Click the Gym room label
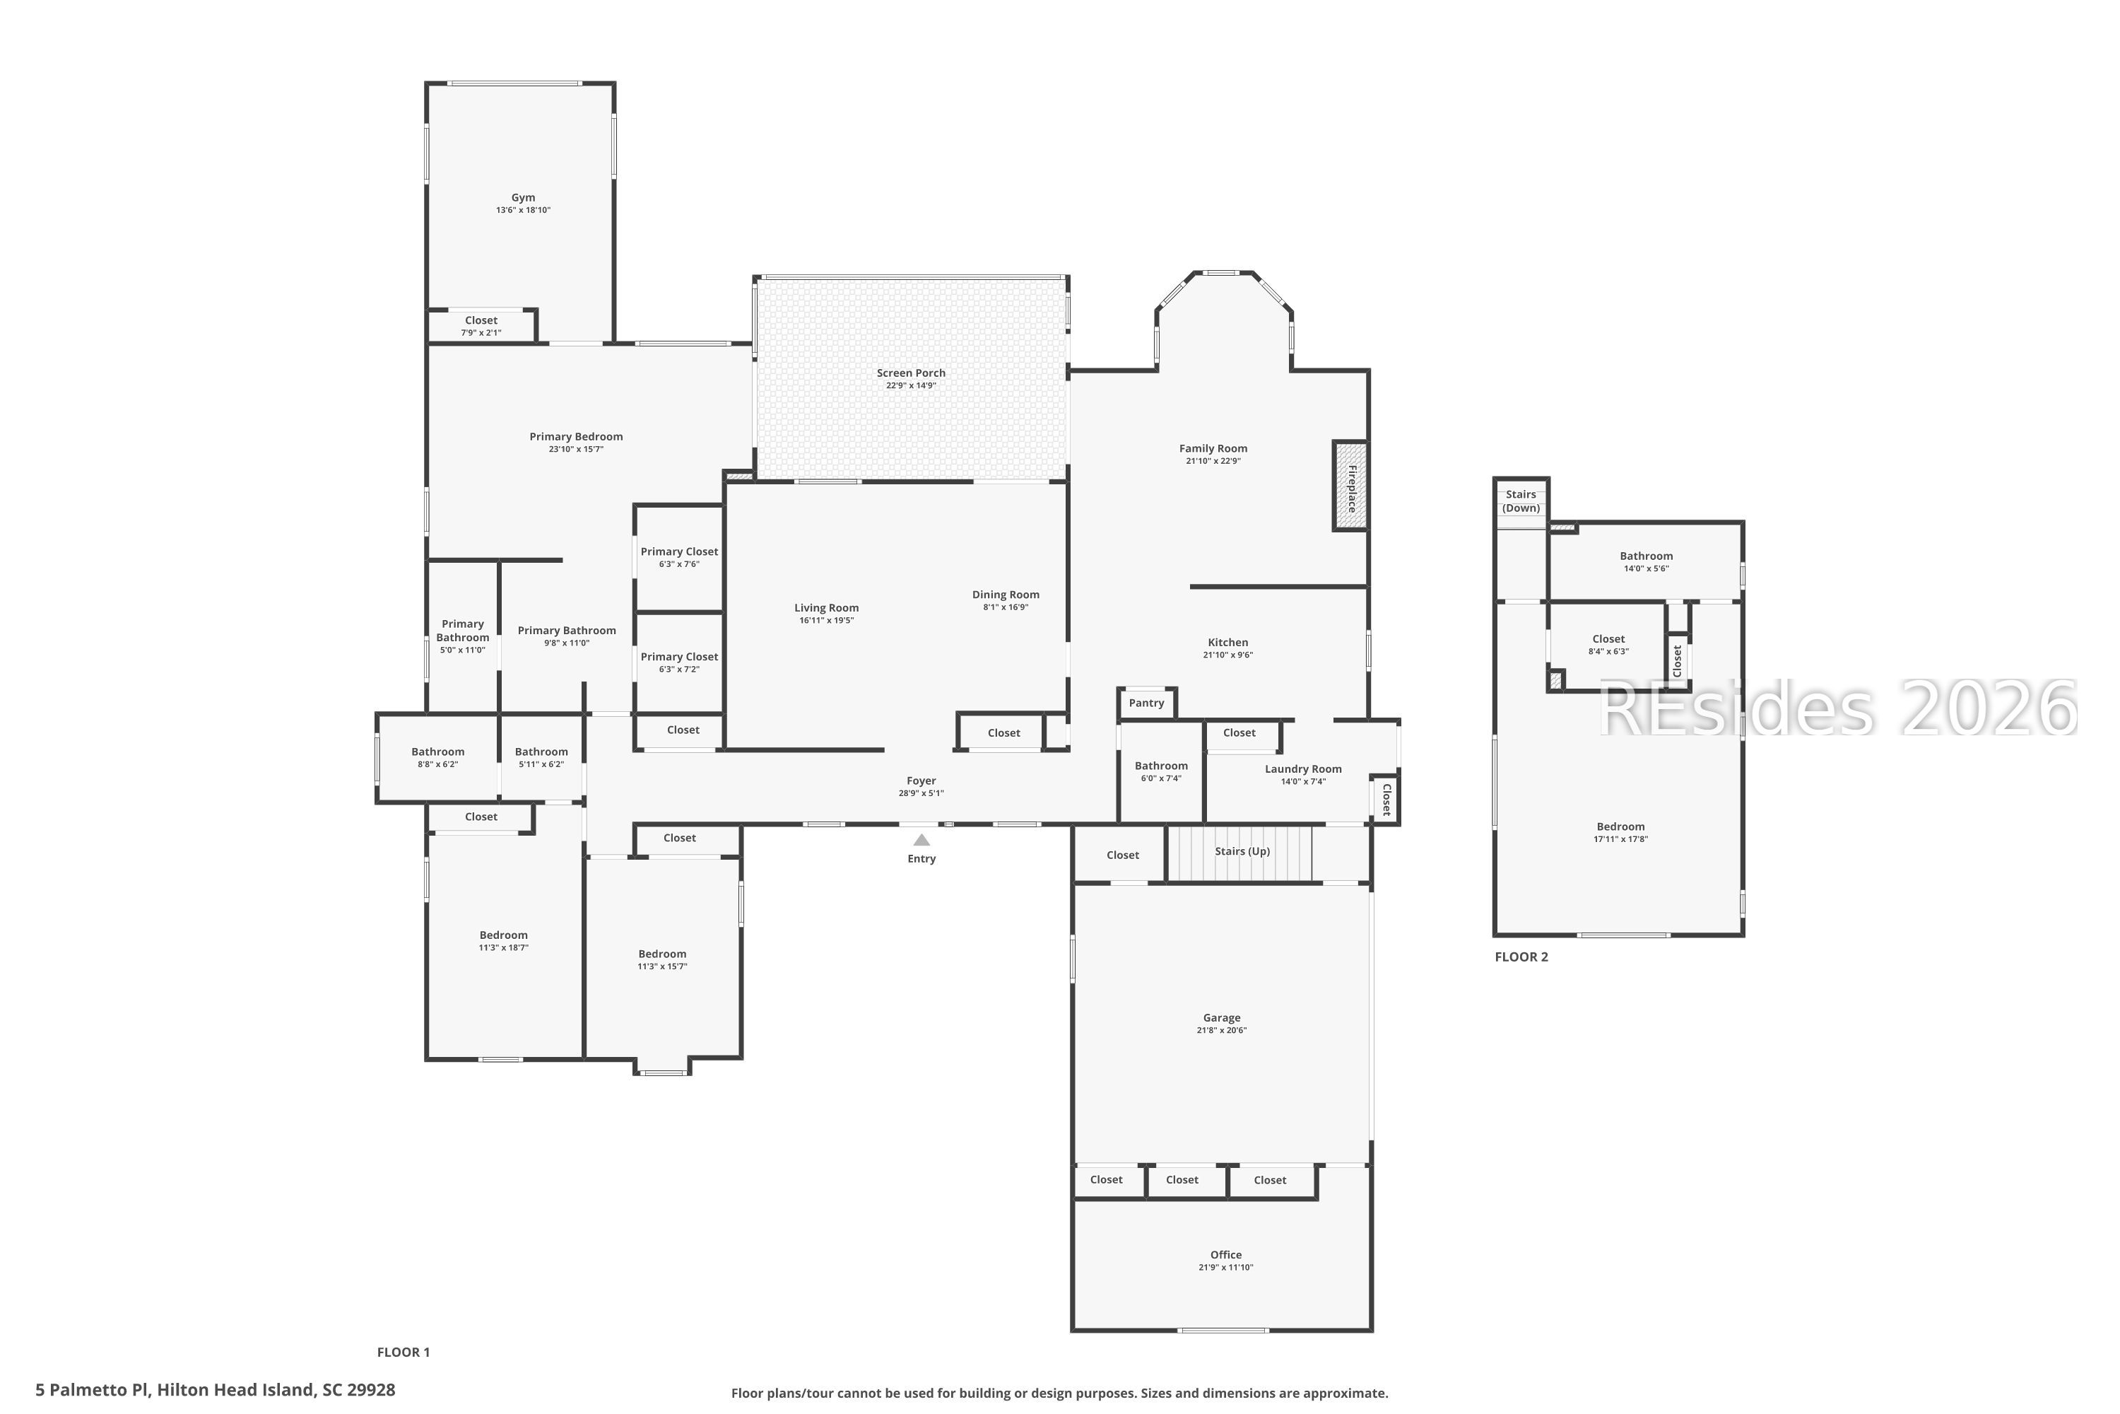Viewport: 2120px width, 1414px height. click(x=523, y=197)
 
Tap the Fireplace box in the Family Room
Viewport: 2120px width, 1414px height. click(x=1350, y=486)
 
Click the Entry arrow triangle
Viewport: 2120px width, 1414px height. click(x=921, y=840)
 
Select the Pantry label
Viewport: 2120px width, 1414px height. click(x=1146, y=703)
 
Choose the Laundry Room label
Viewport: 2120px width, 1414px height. click(x=1302, y=769)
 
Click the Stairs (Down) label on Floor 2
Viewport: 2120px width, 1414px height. click(x=1521, y=501)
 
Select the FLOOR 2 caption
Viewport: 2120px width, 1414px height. click(x=1521, y=957)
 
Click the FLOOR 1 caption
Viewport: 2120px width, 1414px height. click(x=403, y=1352)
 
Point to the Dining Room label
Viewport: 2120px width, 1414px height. click(x=1005, y=595)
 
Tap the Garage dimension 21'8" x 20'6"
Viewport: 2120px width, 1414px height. click(x=1221, y=1031)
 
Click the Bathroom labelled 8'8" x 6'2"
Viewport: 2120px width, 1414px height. click(x=438, y=752)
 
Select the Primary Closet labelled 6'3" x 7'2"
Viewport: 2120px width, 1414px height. click(x=678, y=658)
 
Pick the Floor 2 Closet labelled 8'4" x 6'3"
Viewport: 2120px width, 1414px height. click(x=1608, y=639)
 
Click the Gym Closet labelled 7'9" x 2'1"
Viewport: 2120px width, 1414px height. click(x=481, y=321)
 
